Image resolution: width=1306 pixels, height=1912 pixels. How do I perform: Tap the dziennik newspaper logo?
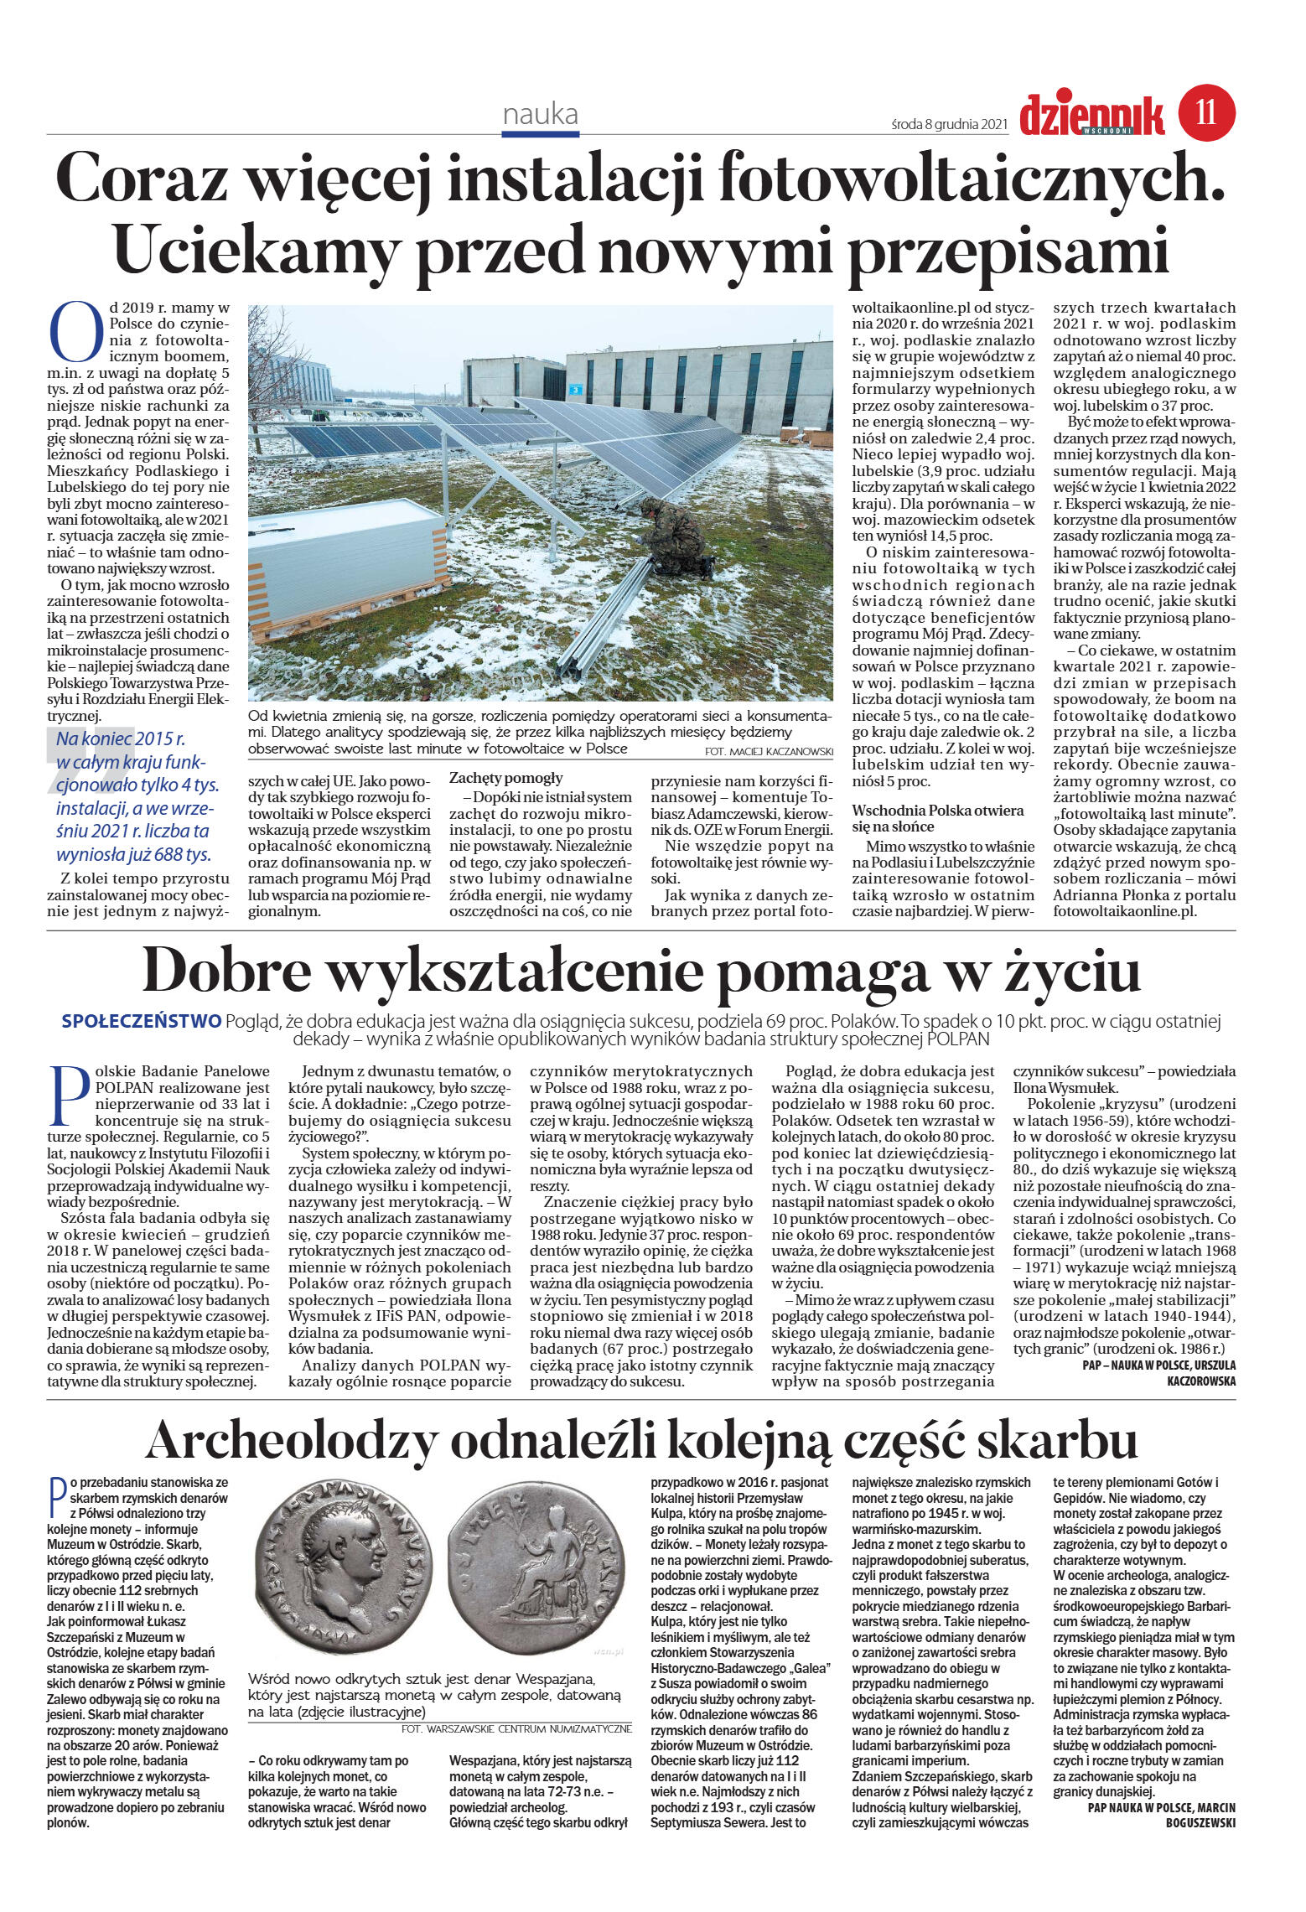pyautogui.click(x=1091, y=116)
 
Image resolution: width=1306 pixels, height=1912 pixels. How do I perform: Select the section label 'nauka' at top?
pyautogui.click(x=541, y=114)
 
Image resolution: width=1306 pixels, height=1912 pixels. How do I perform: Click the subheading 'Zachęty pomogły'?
pyautogui.click(x=506, y=777)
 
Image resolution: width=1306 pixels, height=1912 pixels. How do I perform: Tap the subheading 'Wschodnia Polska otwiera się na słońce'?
pyautogui.click(x=938, y=817)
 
